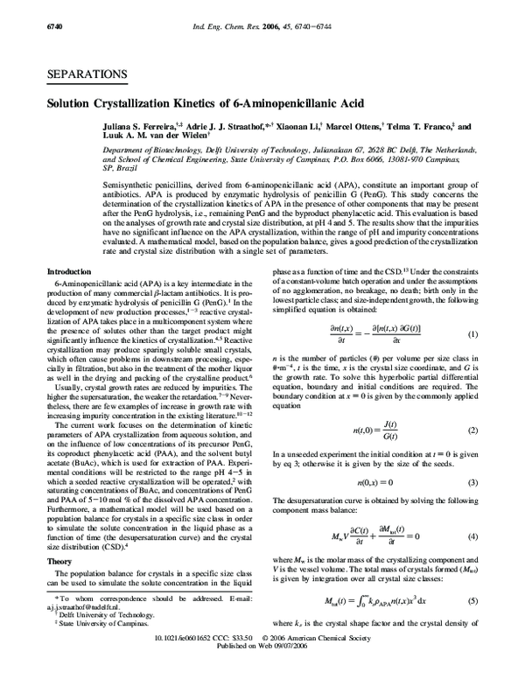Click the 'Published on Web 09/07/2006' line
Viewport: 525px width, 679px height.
pos(262,671)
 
